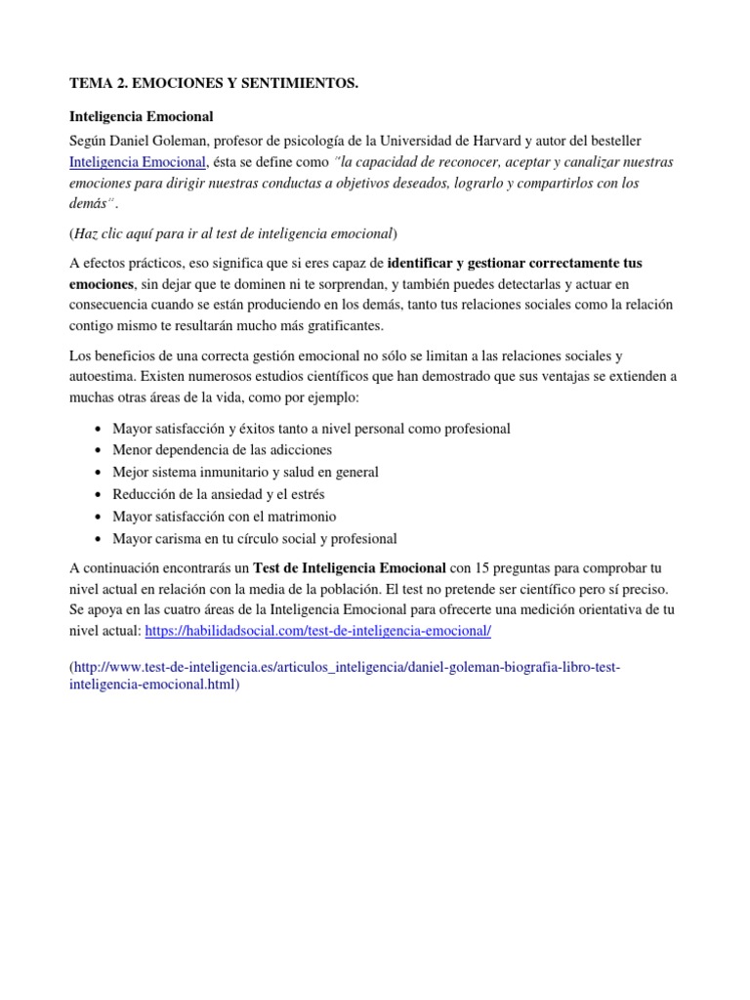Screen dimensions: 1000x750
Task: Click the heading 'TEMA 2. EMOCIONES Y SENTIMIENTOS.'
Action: (214, 86)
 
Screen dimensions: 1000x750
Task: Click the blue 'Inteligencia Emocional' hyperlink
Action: (138, 161)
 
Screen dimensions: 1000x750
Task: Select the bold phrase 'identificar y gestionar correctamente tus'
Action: (515, 264)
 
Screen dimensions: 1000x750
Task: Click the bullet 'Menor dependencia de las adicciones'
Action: (222, 450)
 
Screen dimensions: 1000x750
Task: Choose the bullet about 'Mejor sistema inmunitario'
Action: (245, 473)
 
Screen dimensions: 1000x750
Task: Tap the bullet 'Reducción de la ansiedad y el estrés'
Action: (219, 495)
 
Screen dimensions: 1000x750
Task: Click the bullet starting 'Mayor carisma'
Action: (255, 539)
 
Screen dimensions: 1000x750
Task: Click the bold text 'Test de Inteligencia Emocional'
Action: (350, 567)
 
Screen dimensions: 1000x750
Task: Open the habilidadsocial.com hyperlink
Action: (317, 632)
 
